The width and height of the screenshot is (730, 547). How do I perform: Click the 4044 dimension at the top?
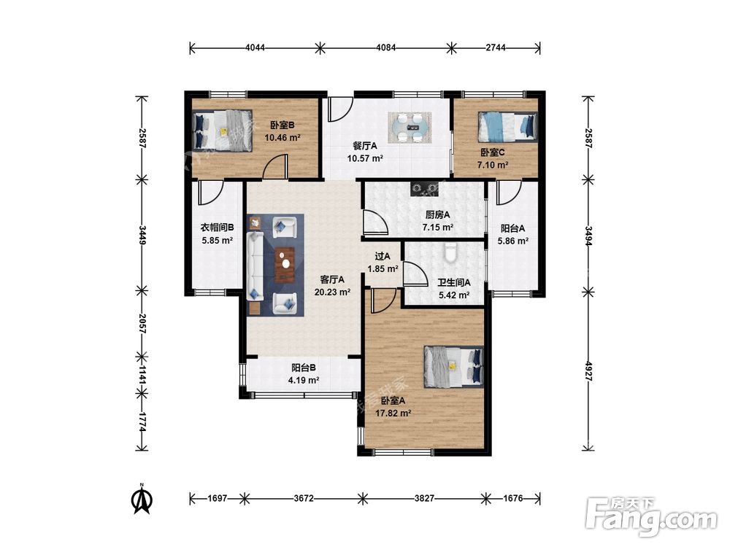[255, 47]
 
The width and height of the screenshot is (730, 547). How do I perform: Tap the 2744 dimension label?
[496, 47]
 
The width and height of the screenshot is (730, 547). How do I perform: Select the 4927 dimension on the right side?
[588, 371]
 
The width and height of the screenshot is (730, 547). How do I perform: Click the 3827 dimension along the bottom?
[424, 499]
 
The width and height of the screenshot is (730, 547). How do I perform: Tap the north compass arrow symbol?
[142, 499]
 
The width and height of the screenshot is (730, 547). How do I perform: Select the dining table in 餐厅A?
[410, 127]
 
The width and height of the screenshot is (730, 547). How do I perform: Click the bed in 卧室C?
[507, 127]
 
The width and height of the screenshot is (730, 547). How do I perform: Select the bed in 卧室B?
[223, 130]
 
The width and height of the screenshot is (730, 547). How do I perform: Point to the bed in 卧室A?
[453, 367]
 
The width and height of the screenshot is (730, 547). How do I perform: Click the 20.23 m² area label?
[332, 292]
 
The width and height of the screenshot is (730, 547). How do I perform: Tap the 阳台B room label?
[304, 368]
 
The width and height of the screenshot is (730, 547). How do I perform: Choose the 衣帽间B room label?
[217, 228]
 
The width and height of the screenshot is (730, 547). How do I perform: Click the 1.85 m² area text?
[383, 269]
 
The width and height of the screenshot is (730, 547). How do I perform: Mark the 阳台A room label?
[512, 228]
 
